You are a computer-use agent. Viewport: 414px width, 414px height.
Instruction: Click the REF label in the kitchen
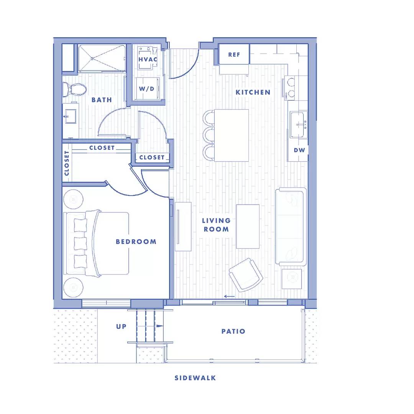pyautogui.click(x=234, y=55)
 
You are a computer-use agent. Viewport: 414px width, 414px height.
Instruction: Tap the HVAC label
pyautogui.click(x=148, y=59)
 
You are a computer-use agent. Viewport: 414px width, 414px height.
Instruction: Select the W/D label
pyautogui.click(x=146, y=89)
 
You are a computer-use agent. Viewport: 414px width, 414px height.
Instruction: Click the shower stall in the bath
pyautogui.click(x=102, y=58)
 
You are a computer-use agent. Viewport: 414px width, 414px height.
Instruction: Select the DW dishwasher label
pyautogui.click(x=299, y=150)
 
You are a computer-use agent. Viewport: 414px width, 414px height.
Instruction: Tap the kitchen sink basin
pyautogui.click(x=299, y=125)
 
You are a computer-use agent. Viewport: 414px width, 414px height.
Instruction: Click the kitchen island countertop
pyautogui.click(x=231, y=135)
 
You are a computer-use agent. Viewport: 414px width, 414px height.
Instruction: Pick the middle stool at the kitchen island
pyautogui.click(x=209, y=135)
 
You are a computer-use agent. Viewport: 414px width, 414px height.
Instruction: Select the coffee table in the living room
pyautogui.click(x=248, y=227)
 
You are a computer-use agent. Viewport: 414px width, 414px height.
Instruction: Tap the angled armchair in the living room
pyautogui.click(x=246, y=274)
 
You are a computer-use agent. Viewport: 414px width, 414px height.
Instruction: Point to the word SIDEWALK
pyautogui.click(x=195, y=378)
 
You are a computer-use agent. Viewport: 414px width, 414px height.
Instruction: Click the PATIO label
pyautogui.click(x=233, y=331)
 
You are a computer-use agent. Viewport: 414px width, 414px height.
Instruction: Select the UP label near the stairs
pyautogui.click(x=121, y=327)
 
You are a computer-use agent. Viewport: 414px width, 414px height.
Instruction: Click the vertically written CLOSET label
pyautogui.click(x=67, y=163)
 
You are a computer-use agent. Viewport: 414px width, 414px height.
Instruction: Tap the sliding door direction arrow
pyautogui.click(x=229, y=296)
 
